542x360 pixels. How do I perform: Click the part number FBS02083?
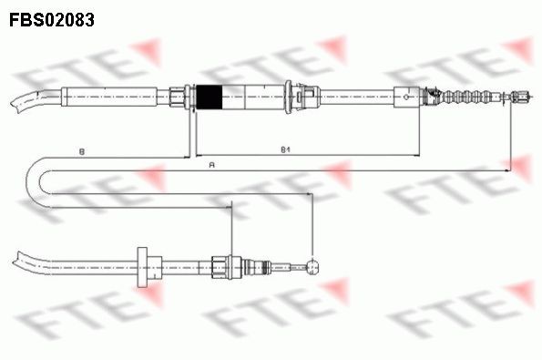52,18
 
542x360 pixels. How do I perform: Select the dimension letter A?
212,165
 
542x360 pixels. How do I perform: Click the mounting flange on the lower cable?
142,266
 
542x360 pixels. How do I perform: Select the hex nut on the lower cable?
219,266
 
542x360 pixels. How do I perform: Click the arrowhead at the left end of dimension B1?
199,152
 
